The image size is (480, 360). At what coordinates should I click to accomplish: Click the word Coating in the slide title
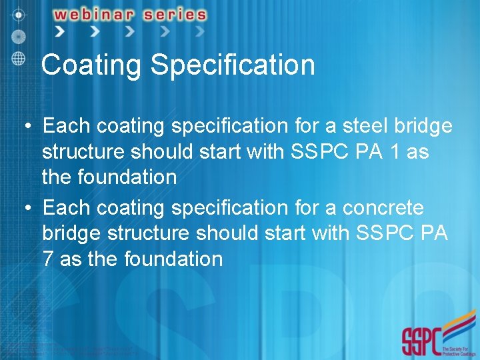pyautogui.click(x=92, y=65)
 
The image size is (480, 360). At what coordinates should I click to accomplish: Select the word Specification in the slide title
pyautogui.click(x=233, y=65)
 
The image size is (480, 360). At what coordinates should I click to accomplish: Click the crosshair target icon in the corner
pyautogui.click(x=19, y=13)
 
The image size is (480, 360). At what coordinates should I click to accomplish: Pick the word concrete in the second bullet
pyautogui.click(x=383, y=208)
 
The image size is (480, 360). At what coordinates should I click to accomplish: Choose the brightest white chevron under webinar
pyautogui.click(x=60, y=31)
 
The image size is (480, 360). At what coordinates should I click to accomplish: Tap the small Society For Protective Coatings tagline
pyautogui.click(x=459, y=347)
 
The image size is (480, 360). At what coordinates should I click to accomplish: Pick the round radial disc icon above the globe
pyautogui.click(x=19, y=35)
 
